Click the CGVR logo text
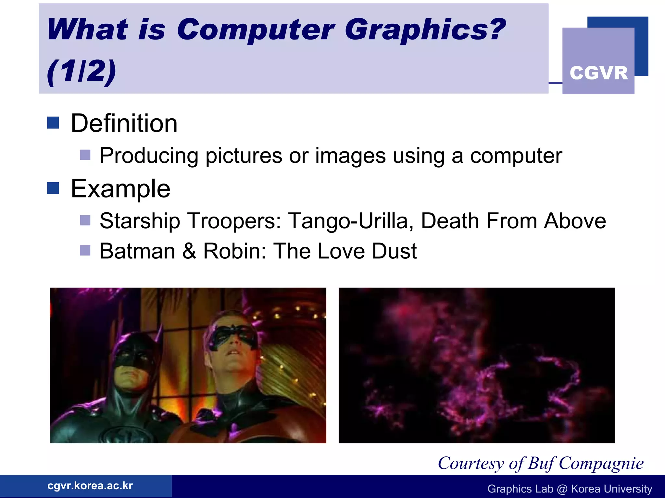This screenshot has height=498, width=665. tap(598, 73)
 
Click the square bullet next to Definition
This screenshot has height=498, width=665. tap(53, 123)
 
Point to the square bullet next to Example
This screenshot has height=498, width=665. tap(53, 188)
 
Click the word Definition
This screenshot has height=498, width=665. tap(124, 124)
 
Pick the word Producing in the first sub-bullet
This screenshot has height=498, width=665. tap(149, 156)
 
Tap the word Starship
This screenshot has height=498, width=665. tap(140, 221)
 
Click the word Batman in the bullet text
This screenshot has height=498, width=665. tap(137, 251)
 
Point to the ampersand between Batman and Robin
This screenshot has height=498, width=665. tap(189, 251)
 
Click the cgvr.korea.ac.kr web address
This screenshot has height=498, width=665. tap(90, 486)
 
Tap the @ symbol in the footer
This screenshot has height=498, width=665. tap(562, 489)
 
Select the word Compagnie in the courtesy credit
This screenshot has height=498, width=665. tap(601, 463)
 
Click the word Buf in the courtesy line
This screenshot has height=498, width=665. tap(541, 463)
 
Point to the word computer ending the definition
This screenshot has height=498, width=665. tap(516, 156)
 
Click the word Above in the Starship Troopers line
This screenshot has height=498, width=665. tap(575, 221)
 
